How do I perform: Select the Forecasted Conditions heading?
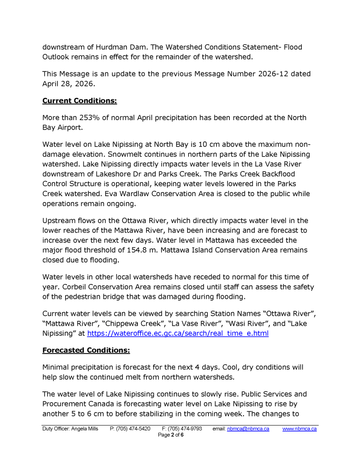86,350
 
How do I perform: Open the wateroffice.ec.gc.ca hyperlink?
177,334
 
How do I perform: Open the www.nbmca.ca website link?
299,429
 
